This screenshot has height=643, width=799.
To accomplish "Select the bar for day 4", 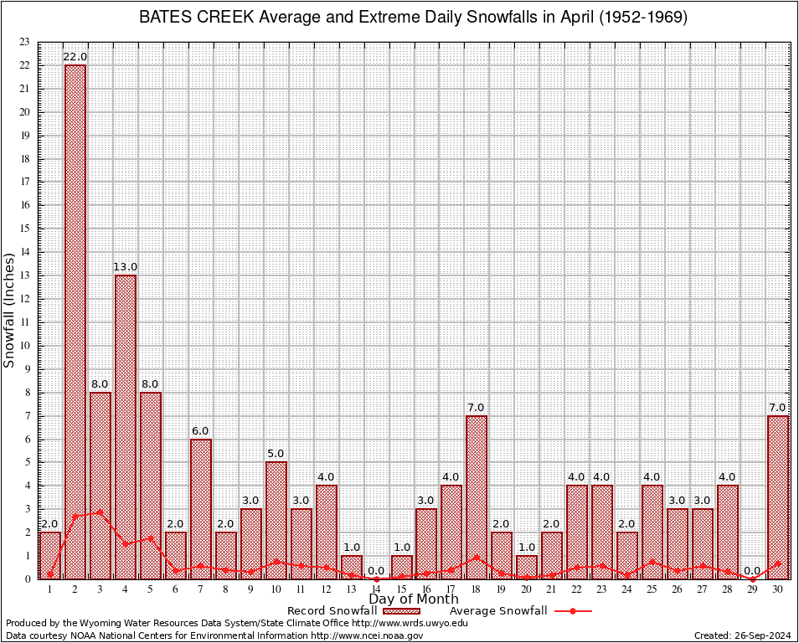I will point(126,426).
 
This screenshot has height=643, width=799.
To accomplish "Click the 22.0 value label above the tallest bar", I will point(75,57).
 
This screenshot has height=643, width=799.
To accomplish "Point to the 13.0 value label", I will point(126,267).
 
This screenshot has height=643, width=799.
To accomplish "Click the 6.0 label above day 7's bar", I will point(201,430).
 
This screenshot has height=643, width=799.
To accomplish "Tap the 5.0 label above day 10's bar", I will point(276,454).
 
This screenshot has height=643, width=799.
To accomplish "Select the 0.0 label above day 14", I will point(376,571).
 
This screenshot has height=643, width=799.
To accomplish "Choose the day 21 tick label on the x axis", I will point(552,589).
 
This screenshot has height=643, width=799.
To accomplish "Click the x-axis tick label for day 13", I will point(351,589).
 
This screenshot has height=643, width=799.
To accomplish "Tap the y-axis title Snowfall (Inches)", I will point(10,311).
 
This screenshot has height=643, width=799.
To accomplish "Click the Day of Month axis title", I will point(414,599).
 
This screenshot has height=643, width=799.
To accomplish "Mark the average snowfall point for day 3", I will point(101,512).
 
